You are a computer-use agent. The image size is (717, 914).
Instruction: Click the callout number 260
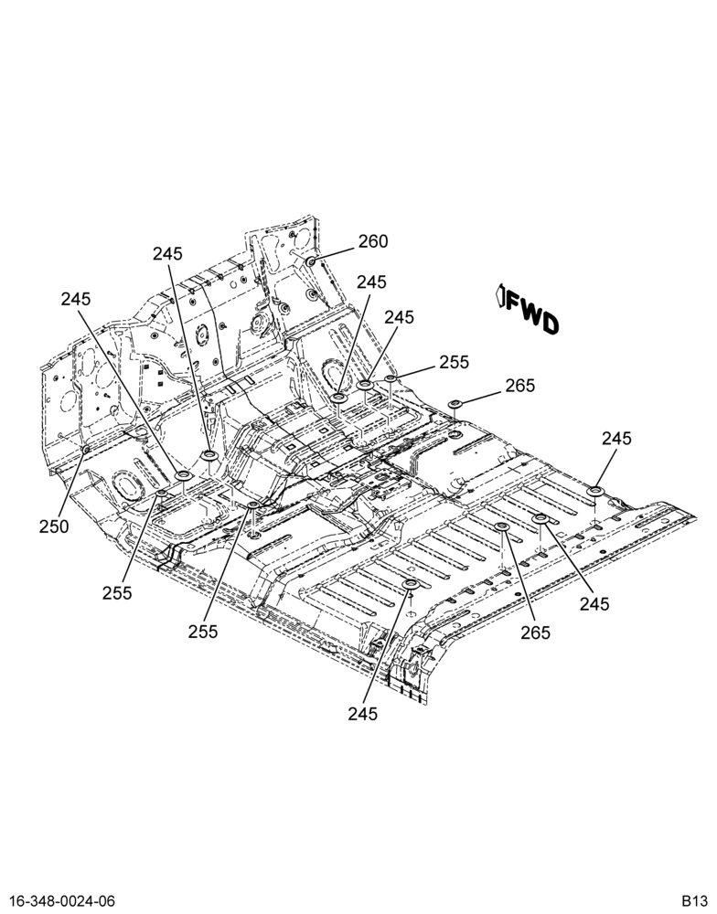tap(373, 241)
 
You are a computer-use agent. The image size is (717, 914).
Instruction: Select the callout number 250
tap(54, 526)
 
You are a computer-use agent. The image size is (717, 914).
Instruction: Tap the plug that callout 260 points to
tap(312, 260)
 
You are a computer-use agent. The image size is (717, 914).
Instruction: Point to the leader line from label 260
tap(335, 253)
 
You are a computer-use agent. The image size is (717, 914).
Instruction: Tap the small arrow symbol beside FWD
tap(499, 295)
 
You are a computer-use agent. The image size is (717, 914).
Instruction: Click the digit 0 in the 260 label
tap(383, 241)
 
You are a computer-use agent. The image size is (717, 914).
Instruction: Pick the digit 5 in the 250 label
tap(54, 526)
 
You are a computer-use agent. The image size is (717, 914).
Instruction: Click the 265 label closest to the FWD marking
tap(520, 386)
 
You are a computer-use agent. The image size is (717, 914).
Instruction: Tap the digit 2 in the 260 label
tap(363, 241)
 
